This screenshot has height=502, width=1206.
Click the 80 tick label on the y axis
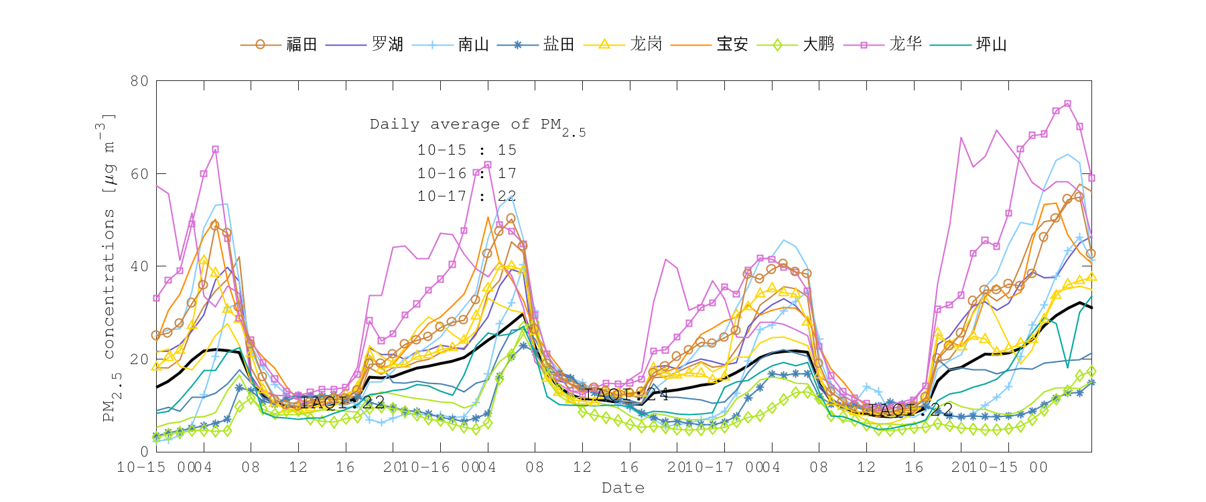click(139, 81)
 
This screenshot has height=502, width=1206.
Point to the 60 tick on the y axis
click(139, 174)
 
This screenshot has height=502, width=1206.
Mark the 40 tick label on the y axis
click(139, 266)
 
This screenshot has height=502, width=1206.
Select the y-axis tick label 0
click(144, 452)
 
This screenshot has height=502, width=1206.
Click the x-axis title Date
click(623, 488)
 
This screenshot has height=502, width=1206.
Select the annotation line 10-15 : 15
click(466, 150)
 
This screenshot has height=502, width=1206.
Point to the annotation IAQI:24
click(626, 395)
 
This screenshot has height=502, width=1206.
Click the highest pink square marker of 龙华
click(1068, 104)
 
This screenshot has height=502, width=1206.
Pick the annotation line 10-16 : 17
click(466, 173)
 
